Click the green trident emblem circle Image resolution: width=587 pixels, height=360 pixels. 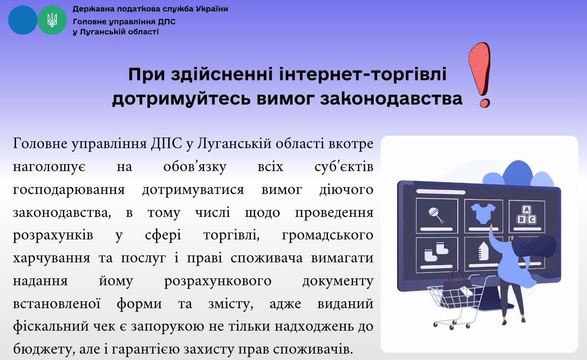pyautogui.click(x=52, y=20)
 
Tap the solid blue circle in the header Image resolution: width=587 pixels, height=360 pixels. pyautogui.click(x=23, y=20)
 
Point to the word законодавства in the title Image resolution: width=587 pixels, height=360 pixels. pyautogui.click(x=391, y=99)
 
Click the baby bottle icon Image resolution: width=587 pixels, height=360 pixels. pyautogui.click(x=483, y=251)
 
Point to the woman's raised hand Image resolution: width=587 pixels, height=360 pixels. pyautogui.click(x=491, y=226)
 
